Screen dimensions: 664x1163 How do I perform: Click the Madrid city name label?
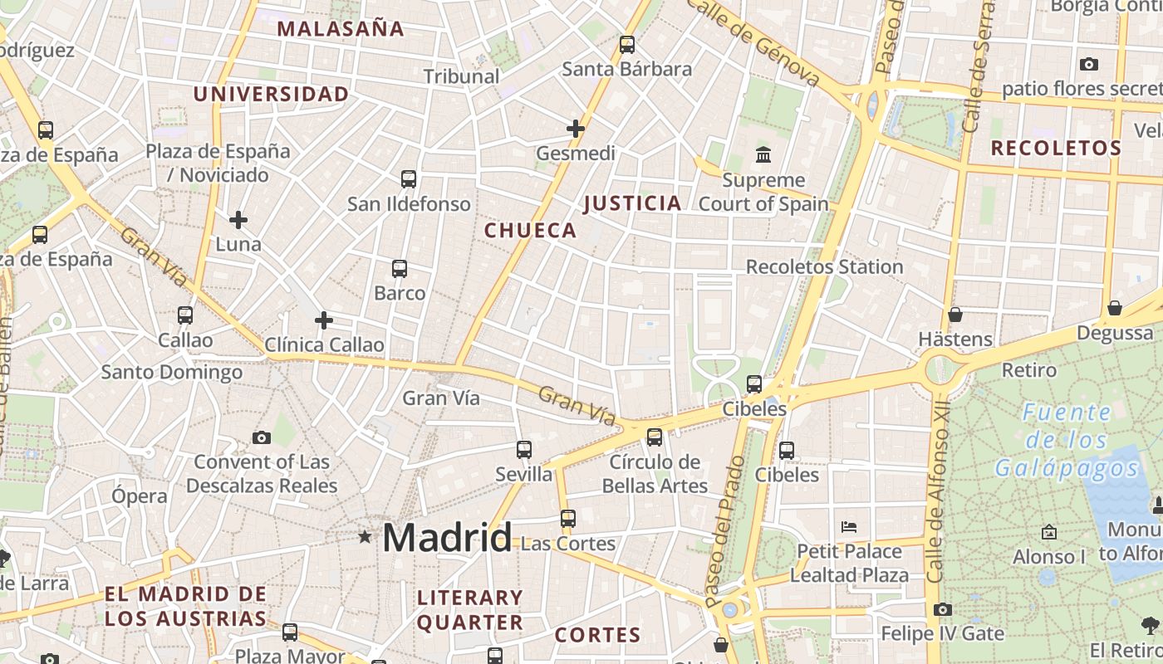pyautogui.click(x=447, y=538)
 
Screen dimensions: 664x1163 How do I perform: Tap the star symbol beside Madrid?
pyautogui.click(x=365, y=537)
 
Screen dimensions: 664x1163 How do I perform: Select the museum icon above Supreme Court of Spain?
pyautogui.click(x=763, y=154)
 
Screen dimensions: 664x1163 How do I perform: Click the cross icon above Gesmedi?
pyautogui.click(x=576, y=129)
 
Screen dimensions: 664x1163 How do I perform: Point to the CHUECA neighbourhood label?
pyautogui.click(x=530, y=231)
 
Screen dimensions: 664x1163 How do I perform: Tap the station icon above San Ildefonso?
pyautogui.click(x=408, y=179)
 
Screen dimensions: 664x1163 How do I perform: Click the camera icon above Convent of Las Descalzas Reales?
pyautogui.click(x=262, y=437)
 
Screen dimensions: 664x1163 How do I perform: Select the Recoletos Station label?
pyautogui.click(x=824, y=267)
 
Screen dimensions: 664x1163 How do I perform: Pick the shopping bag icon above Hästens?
pyautogui.click(x=955, y=315)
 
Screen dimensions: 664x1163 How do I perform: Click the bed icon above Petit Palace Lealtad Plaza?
pyautogui.click(x=848, y=527)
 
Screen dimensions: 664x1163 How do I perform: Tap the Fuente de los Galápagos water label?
pyautogui.click(x=1067, y=440)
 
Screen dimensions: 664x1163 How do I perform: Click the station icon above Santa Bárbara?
pyautogui.click(x=627, y=45)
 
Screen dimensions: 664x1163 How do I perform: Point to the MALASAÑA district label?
pyautogui.click(x=341, y=29)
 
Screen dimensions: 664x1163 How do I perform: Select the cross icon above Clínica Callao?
pyautogui.click(x=324, y=320)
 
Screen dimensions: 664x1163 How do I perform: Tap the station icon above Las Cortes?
pyautogui.click(x=568, y=519)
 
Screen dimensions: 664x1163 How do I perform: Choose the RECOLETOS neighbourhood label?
pyautogui.click(x=1056, y=149)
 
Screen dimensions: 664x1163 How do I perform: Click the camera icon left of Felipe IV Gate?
pyautogui.click(x=942, y=610)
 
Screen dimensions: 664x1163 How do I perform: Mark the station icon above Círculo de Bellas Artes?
pyautogui.click(x=655, y=437)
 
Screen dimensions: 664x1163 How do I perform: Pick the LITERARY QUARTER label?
pyautogui.click(x=470, y=610)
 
